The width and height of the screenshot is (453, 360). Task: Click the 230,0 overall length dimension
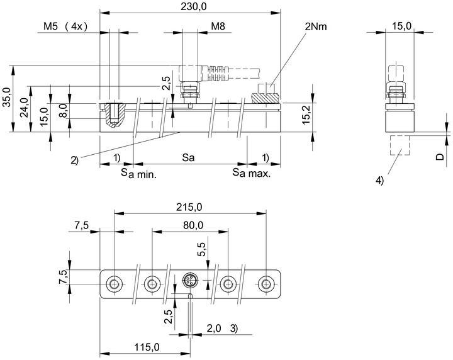[194, 7]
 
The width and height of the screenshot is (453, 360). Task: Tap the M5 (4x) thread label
[65, 26]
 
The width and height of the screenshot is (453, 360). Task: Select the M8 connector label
[218, 26]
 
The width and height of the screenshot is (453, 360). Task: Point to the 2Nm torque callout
[316, 26]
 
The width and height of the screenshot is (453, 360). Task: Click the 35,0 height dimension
[7, 98]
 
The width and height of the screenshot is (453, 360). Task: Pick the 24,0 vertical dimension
[25, 108]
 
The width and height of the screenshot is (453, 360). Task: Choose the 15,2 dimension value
[306, 115]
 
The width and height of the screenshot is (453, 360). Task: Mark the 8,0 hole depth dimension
[64, 111]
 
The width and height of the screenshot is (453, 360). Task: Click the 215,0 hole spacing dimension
[189, 207]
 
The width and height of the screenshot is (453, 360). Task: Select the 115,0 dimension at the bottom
[147, 347]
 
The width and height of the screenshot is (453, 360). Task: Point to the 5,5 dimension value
[201, 249]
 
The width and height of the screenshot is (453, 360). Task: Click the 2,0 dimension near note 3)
[214, 329]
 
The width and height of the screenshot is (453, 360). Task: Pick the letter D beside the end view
[440, 157]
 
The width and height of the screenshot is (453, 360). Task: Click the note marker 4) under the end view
[379, 181]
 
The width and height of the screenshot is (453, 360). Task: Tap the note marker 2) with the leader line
[74, 160]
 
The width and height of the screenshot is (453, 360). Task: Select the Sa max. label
[252, 173]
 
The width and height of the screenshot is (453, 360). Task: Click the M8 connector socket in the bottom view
[189, 280]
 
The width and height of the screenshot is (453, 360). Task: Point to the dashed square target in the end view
[400, 145]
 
